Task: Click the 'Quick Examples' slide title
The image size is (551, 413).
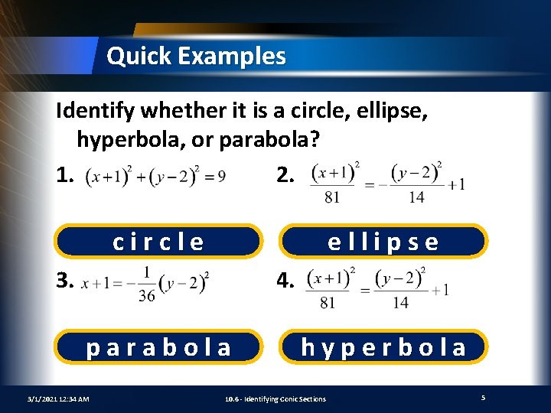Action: pos(196,56)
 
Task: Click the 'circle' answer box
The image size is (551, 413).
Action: pos(158,242)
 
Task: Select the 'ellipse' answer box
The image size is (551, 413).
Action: pos(383,242)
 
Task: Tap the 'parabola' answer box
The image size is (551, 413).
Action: pos(158,347)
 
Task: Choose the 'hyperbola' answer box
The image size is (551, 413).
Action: pos(383,347)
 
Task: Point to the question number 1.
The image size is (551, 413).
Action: pos(65,176)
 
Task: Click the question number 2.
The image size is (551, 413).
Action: pos(284,176)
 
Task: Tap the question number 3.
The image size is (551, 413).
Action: pos(65,282)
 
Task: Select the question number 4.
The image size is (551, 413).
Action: pos(284,282)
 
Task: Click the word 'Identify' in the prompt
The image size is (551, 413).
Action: pos(96,112)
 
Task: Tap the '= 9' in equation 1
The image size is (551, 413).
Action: pos(215,177)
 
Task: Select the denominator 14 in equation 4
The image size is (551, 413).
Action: pos(400,301)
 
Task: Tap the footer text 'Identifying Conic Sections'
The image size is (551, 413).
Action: pos(286,398)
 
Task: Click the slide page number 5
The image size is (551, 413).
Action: pos(483,398)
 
